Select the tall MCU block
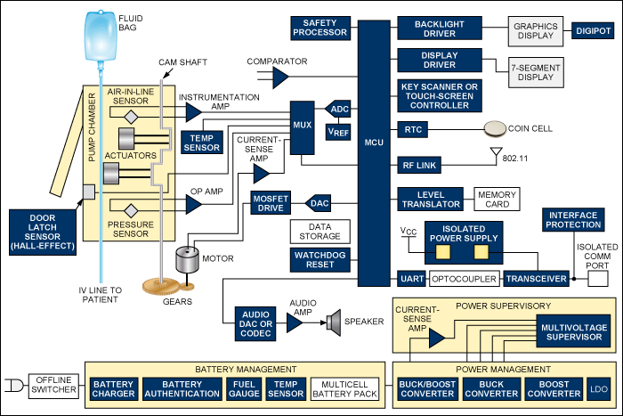[x=374, y=143]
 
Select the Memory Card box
[x=498, y=200]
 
